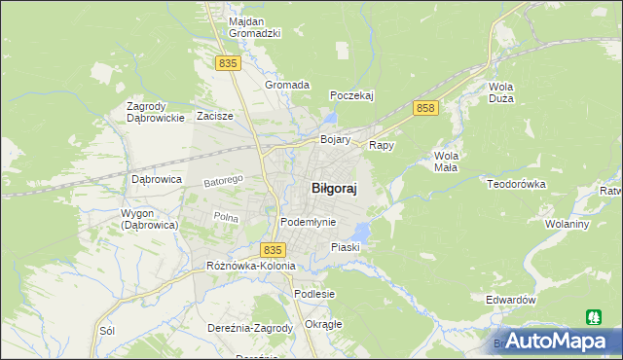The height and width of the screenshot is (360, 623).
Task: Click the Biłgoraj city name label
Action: [x=333, y=190]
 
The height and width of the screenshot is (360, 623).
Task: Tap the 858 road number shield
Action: [x=423, y=108]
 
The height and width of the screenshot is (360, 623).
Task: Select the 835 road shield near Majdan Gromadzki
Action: [x=228, y=63]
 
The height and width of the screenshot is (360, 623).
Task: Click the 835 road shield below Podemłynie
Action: [x=273, y=250]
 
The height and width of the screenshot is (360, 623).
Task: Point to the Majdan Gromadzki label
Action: [x=254, y=27]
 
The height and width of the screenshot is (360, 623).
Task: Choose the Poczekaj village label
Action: [x=352, y=95]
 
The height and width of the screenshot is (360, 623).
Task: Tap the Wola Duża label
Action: [x=502, y=92]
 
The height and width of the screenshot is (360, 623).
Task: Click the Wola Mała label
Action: [x=447, y=161]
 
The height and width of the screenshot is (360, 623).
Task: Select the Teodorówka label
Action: [x=520, y=184]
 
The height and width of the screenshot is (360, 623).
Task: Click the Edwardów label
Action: [x=510, y=300]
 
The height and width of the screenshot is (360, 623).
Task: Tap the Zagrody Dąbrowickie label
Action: [x=156, y=112]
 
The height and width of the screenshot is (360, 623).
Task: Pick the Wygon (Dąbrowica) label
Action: [x=148, y=219]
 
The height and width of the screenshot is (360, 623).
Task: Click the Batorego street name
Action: [x=222, y=181]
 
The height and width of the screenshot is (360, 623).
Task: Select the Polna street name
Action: [x=226, y=217]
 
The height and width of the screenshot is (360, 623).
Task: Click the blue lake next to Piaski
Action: [x=360, y=233]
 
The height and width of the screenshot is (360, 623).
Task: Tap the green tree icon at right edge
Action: [x=593, y=316]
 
